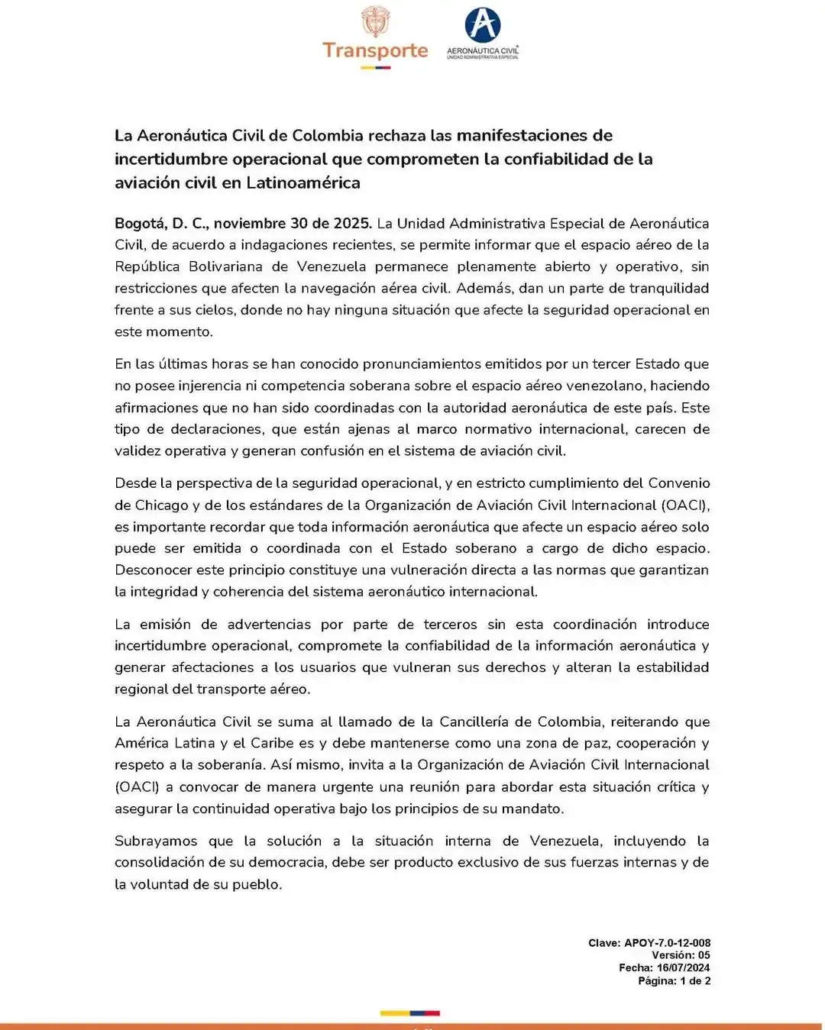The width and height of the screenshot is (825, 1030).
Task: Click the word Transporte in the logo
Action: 375,50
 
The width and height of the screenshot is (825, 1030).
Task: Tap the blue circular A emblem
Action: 483,24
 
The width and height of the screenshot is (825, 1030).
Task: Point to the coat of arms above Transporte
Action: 375,21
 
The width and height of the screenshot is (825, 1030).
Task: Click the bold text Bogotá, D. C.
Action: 160,224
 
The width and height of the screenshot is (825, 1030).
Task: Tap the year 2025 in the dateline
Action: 352,224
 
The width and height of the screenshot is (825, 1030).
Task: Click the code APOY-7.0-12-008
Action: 667,943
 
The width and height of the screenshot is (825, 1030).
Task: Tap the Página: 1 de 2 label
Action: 674,980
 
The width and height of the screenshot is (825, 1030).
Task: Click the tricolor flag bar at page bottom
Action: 410,1013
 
